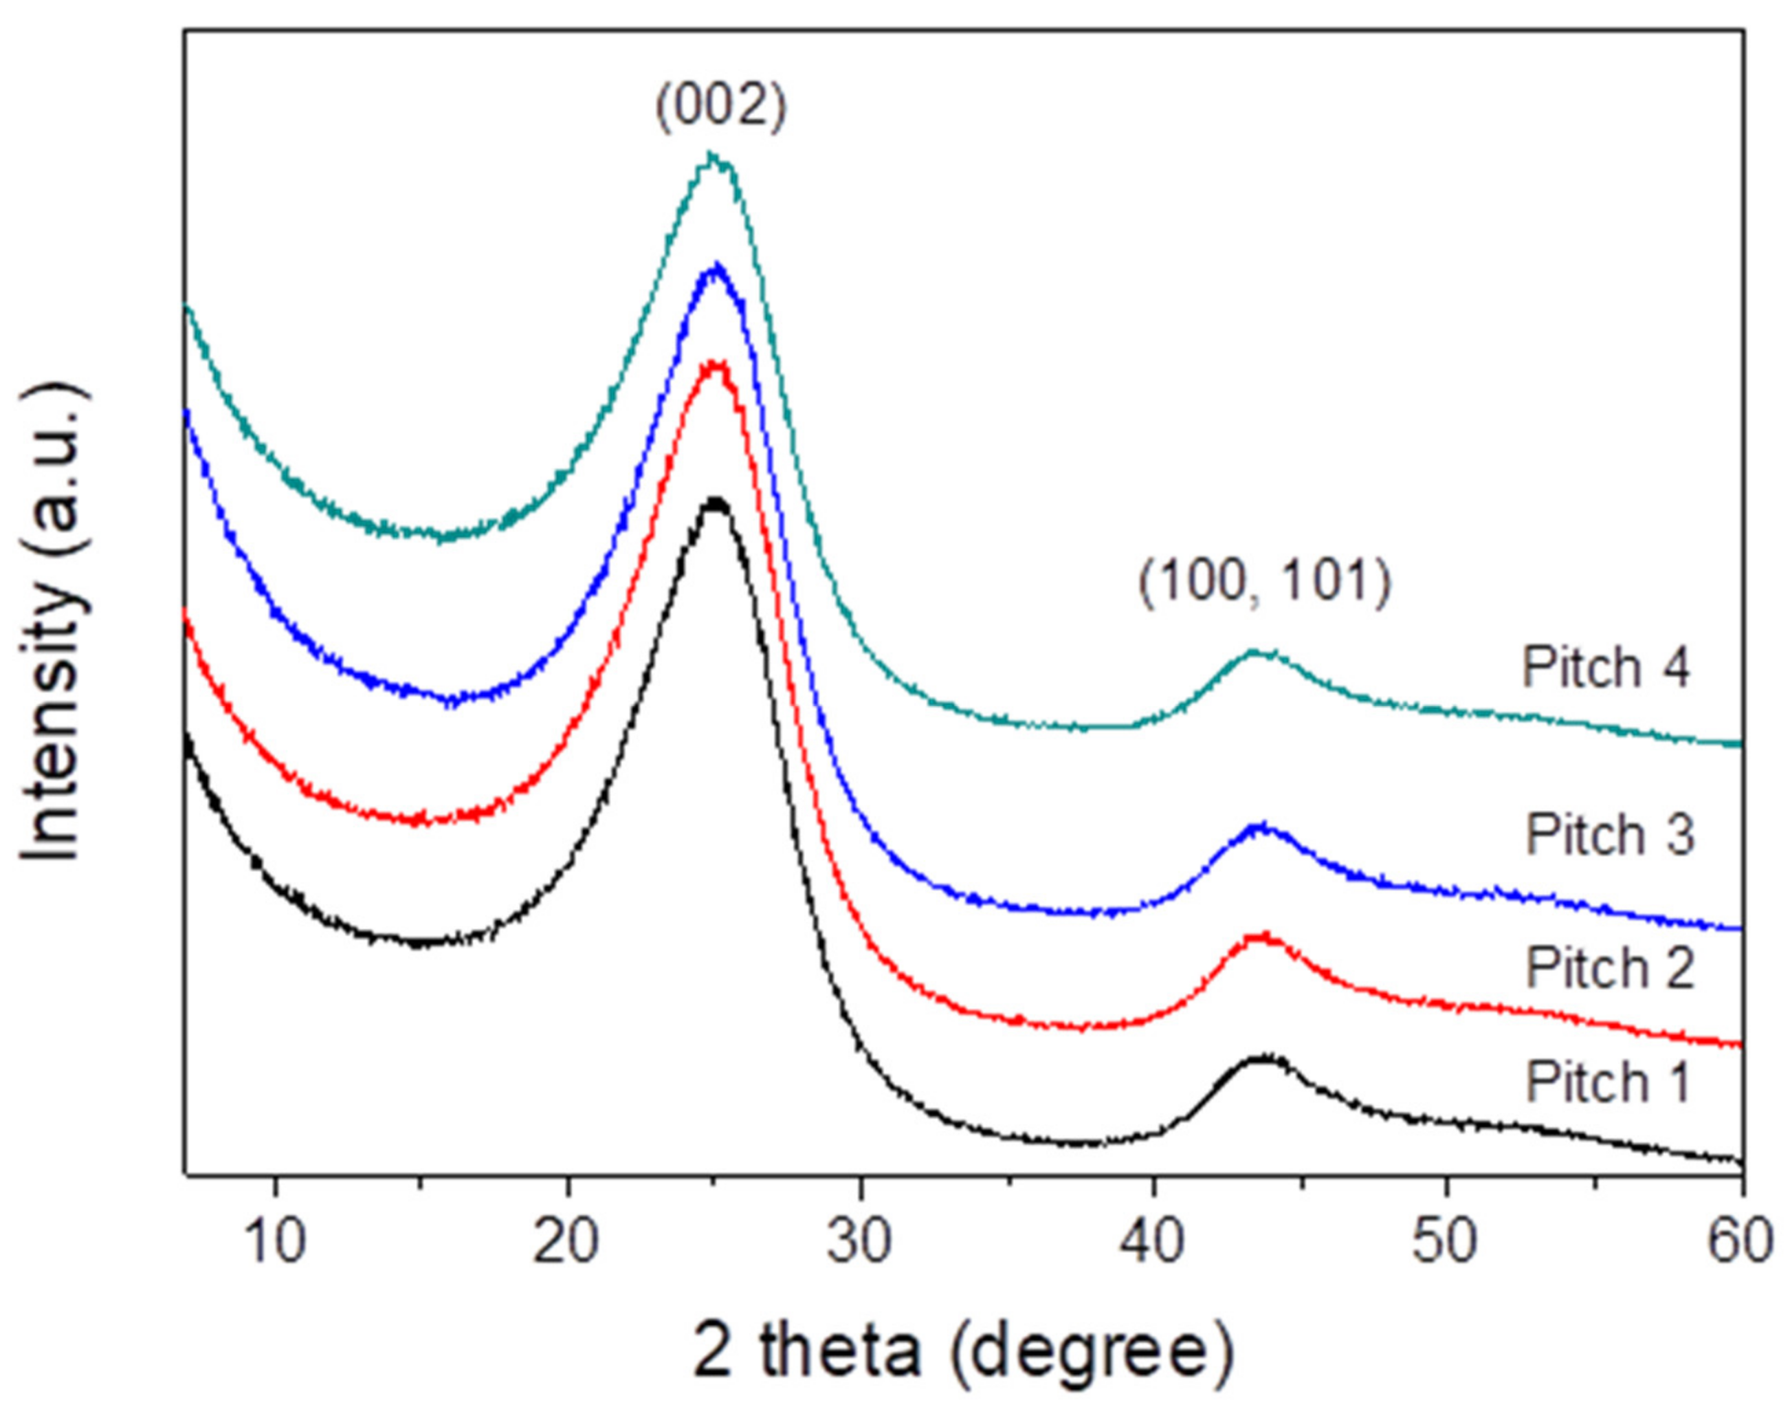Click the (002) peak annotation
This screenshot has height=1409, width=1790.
point(720,108)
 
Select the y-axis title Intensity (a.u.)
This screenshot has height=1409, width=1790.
point(54,623)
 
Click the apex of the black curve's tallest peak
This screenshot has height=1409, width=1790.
point(716,501)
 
